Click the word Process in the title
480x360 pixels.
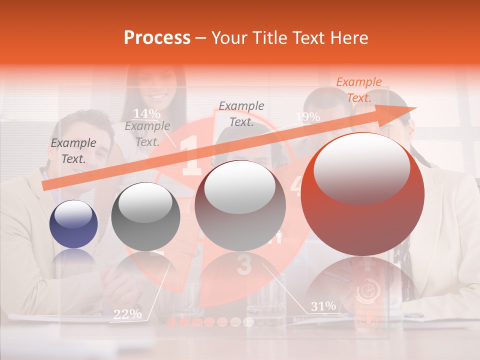pos(157,38)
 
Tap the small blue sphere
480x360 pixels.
pos(73,224)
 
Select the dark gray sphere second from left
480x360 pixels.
pos(145,216)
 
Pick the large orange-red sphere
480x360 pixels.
pos(363,194)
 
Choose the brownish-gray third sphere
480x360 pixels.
pos(240,206)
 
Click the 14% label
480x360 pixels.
pos(146,113)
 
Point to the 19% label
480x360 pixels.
pos(307,116)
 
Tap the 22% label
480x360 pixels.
pos(127,314)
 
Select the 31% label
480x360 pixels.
pos(323,306)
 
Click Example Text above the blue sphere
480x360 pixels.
pos(73,150)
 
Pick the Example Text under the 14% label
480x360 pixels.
pos(147,134)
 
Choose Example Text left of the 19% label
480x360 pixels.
pos(241,113)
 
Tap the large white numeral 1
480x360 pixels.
pos(191,155)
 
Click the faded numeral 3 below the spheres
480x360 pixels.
pos(243,265)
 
